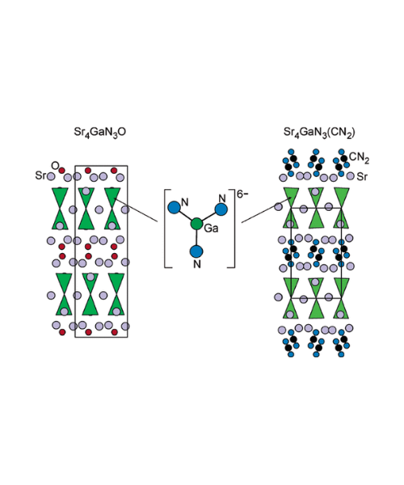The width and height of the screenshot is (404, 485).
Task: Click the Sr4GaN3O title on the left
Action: click(x=100, y=133)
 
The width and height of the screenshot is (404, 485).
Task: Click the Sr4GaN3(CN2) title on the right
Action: click(x=319, y=133)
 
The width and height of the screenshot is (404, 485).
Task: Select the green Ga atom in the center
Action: click(x=196, y=224)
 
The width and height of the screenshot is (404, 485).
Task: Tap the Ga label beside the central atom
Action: click(x=212, y=229)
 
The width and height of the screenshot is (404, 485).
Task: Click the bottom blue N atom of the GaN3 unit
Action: click(x=196, y=251)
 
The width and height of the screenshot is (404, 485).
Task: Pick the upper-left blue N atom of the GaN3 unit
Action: click(x=174, y=207)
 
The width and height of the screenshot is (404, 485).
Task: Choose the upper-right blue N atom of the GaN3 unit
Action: click(x=221, y=209)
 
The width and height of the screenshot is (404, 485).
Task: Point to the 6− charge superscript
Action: click(x=242, y=194)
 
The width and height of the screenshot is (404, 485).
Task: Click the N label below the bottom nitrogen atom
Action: click(x=197, y=264)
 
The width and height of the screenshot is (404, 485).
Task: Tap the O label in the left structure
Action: click(x=55, y=166)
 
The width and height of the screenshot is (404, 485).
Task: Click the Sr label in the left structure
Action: click(x=40, y=175)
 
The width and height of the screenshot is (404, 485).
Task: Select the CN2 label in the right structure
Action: click(x=359, y=158)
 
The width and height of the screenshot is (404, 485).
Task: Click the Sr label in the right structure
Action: click(x=362, y=177)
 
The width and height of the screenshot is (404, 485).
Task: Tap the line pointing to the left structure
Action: click(x=136, y=210)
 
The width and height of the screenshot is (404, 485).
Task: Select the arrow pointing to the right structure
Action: click(x=267, y=211)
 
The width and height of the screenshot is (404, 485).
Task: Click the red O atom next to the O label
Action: click(x=62, y=171)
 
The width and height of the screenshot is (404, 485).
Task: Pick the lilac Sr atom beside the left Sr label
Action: click(x=51, y=176)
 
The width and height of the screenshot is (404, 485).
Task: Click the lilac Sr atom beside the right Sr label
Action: click(x=350, y=176)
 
